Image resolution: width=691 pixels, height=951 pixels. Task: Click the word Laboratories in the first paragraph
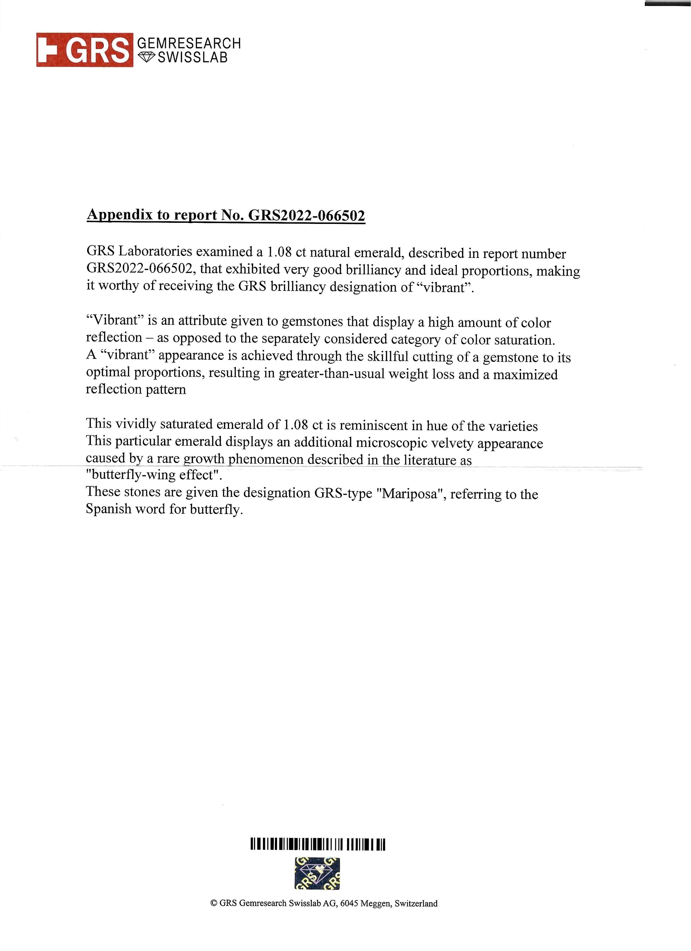click(156, 252)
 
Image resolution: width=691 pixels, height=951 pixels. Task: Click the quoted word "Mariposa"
click(409, 493)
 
